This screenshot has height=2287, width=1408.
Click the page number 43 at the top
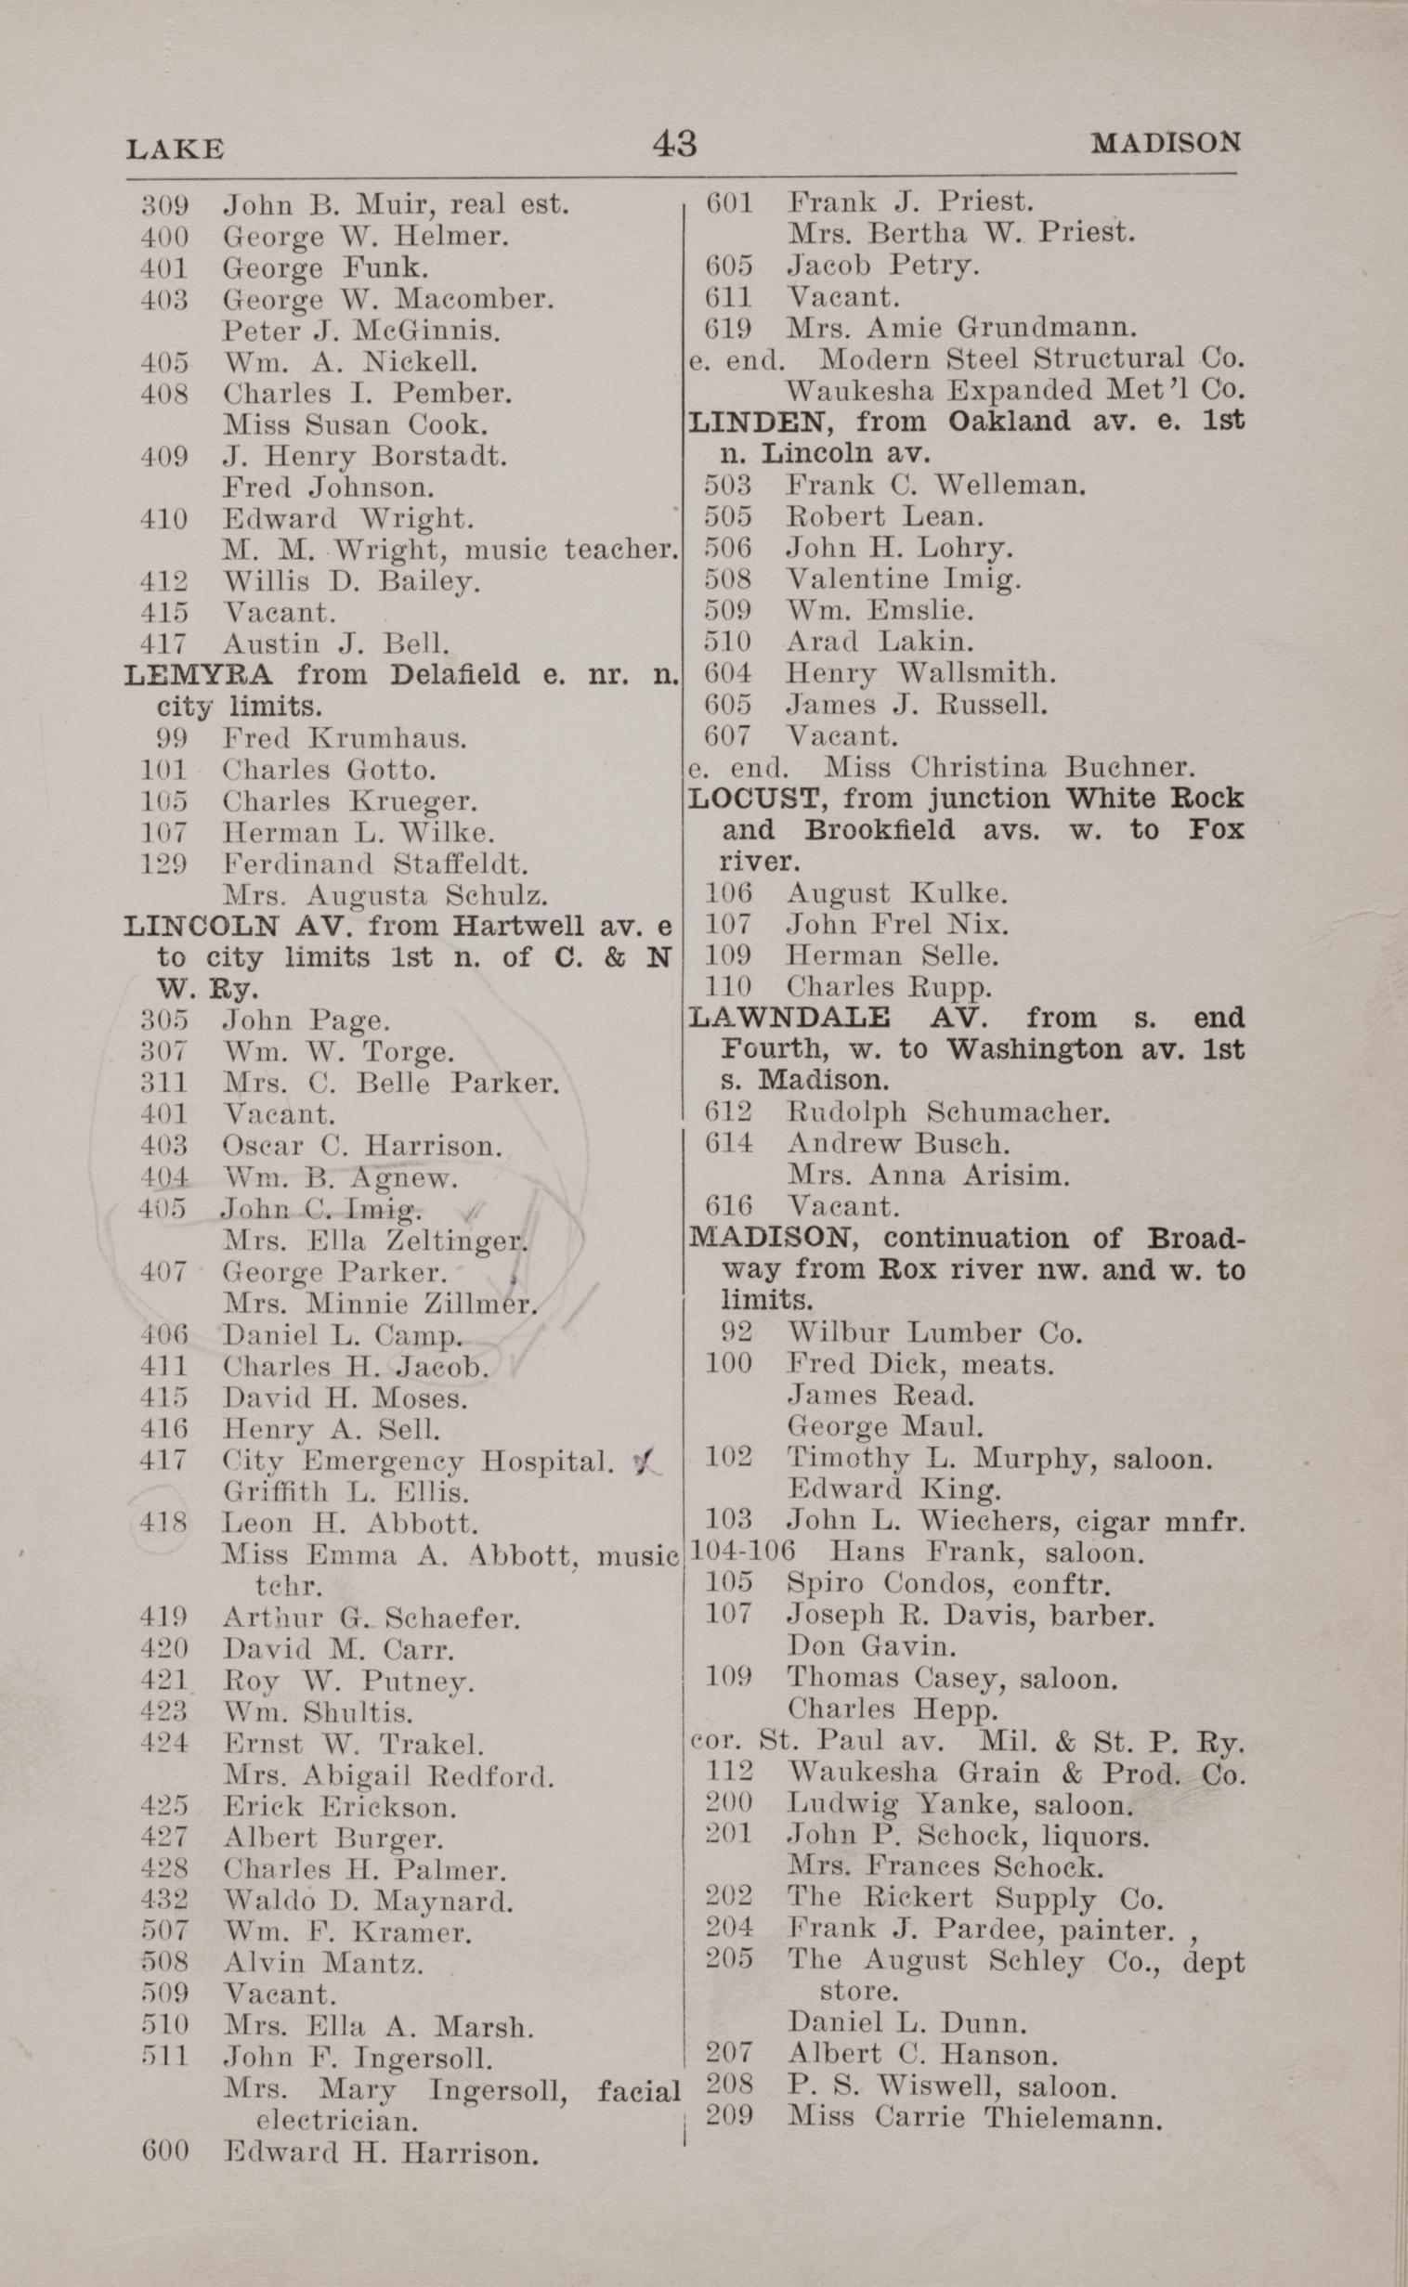[674, 144]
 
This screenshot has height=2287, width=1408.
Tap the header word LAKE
[175, 149]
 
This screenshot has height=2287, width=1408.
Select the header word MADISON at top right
[1166, 143]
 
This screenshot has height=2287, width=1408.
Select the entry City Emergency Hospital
[418, 1462]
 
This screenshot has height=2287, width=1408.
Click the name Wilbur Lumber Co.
[934, 1333]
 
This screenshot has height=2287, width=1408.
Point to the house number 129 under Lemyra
[163, 864]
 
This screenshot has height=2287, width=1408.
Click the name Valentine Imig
[904, 579]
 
